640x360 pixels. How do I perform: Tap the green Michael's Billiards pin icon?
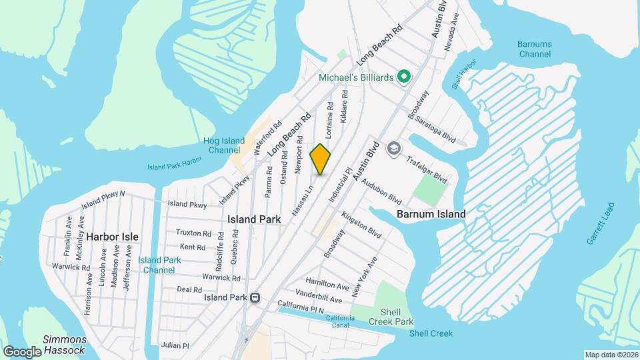pyautogui.click(x=403, y=78)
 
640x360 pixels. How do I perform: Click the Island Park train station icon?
pyautogui.click(x=254, y=298)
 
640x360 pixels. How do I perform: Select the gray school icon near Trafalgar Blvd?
pyautogui.click(x=394, y=147)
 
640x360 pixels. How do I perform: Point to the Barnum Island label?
pyautogui.click(x=431, y=214)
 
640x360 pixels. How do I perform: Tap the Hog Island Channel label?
pyautogui.click(x=224, y=146)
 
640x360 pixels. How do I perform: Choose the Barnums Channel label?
pyautogui.click(x=534, y=49)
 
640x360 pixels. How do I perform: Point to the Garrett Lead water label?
pyautogui.click(x=599, y=223)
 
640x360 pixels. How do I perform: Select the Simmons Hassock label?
pyautogui.click(x=64, y=345)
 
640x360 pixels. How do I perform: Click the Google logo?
pyautogui.click(x=22, y=351)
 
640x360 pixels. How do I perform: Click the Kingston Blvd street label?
pyautogui.click(x=361, y=225)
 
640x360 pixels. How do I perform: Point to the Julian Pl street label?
pyautogui.click(x=175, y=345)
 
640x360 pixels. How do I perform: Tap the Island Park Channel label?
pyautogui.click(x=160, y=265)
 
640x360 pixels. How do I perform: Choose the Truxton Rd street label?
pyautogui.click(x=193, y=233)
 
